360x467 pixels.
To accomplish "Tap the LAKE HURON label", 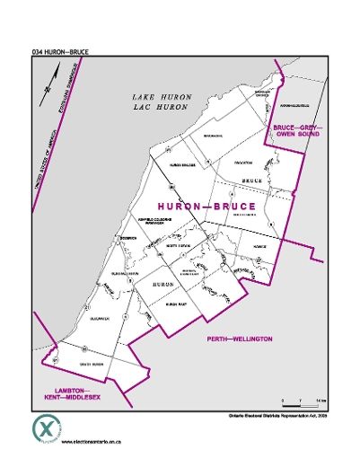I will click(161, 96).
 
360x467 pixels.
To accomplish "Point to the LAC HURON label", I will click(161, 107).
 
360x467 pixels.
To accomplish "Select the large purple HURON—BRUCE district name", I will click(206, 207).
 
